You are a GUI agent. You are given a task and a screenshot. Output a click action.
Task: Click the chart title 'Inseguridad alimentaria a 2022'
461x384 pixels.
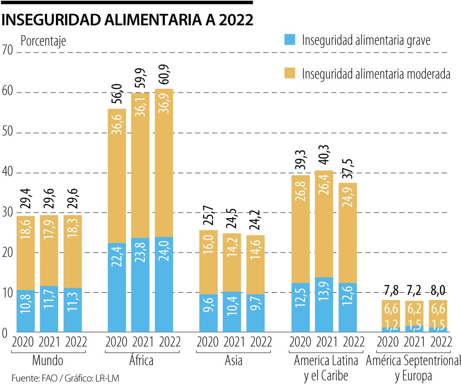click(127, 20)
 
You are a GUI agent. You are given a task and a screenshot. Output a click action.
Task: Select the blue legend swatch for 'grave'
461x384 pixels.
click(290, 40)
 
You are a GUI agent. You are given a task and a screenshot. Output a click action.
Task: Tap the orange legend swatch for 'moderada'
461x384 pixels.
click(290, 73)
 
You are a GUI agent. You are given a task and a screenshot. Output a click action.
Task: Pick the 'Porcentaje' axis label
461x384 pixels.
click(44, 41)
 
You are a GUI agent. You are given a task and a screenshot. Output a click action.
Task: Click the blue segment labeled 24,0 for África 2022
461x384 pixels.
click(164, 284)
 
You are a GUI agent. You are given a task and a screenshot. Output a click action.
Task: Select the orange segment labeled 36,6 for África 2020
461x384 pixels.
click(117, 176)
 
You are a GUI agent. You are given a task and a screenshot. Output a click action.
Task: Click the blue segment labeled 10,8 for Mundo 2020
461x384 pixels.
click(26, 311)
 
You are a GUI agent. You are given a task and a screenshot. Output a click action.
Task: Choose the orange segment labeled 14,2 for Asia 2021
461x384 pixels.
click(232, 262)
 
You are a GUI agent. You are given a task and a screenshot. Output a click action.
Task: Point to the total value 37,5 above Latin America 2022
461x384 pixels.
click(348, 169)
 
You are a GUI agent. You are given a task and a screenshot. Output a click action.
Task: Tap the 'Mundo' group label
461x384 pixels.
click(48, 361)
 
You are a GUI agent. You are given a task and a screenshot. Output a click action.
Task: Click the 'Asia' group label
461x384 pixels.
click(233, 361)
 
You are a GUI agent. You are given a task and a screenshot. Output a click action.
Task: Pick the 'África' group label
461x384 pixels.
click(140, 361)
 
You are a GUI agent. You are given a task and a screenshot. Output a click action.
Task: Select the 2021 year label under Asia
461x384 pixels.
click(233, 342)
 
